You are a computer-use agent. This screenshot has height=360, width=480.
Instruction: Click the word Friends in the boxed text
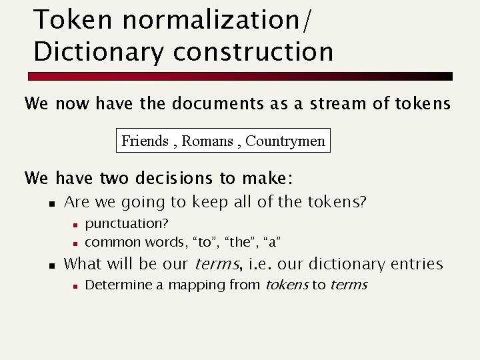145,141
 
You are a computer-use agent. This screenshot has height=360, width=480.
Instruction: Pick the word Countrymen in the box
285,141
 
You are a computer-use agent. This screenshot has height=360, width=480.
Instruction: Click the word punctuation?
127,223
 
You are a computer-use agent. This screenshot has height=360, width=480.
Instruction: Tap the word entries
416,264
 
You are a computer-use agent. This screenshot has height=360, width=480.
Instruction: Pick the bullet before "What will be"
51,265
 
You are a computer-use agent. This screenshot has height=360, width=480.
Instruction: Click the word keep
211,202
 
